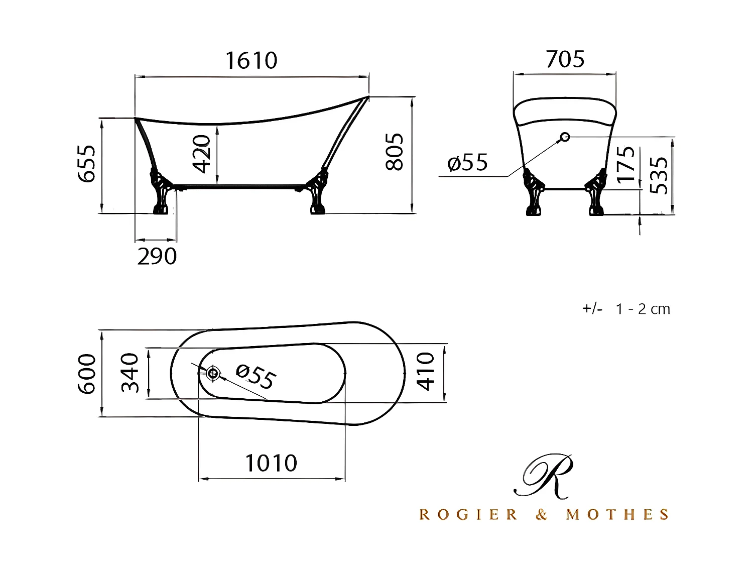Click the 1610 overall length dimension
[251, 61]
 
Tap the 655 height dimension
[87, 164]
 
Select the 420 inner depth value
[202, 154]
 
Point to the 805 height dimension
[395, 152]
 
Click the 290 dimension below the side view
[157, 257]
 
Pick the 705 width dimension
[565, 59]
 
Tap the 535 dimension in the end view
[660, 175]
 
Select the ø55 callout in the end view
[467, 163]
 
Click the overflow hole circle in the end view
[565, 137]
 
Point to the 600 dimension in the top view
[87, 374]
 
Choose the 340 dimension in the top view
[131, 373]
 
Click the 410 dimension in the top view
[426, 372]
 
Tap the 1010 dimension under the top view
[271, 463]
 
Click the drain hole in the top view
[213, 373]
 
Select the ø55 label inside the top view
[256, 377]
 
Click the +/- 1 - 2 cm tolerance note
[626, 309]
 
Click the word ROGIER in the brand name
[468, 515]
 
